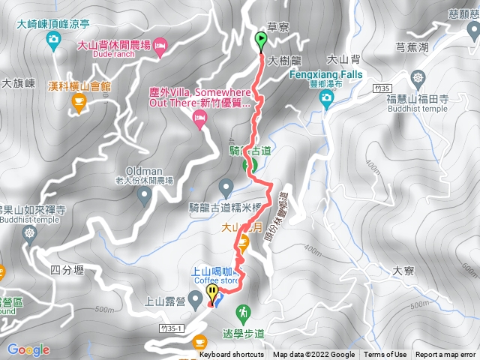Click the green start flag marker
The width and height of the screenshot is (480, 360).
[261, 42]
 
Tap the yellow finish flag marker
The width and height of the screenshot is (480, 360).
[212, 293]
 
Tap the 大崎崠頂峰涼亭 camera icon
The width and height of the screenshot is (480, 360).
[53, 40]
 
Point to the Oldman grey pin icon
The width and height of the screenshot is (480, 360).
[145, 196]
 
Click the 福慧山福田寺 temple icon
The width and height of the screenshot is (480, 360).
[418, 78]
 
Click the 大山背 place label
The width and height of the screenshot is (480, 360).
[343, 58]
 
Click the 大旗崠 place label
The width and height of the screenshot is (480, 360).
[19, 83]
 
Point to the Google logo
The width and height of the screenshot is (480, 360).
[28, 349]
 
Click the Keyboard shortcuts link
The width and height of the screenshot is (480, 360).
[232, 355]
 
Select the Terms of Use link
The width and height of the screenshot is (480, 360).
[385, 355]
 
